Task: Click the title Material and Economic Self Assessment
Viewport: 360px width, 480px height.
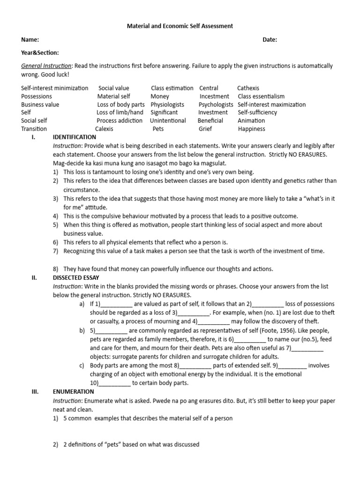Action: coord(180,27)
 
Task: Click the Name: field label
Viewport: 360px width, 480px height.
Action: coord(30,40)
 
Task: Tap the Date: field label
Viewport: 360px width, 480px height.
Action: coord(270,40)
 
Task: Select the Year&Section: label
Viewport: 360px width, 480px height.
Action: coord(40,53)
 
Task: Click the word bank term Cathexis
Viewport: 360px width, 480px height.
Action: coord(248,88)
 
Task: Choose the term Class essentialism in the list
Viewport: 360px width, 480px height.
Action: coord(261,96)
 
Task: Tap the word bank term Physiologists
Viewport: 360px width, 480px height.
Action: coord(167,105)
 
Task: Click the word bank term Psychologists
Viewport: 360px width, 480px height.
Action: coord(216,105)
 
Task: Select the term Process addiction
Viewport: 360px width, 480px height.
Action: coord(120,120)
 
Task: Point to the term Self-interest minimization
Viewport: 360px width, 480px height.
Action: coord(54,88)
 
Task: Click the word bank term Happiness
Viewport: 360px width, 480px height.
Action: coord(251,129)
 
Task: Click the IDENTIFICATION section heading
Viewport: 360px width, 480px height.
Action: coord(75,137)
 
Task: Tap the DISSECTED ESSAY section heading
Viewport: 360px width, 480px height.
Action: coord(75,277)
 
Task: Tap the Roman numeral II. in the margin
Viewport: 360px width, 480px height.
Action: coord(34,277)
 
